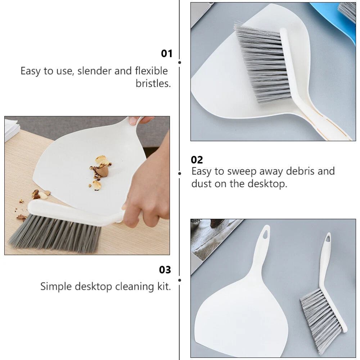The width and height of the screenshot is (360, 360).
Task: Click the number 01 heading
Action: (x=167, y=54)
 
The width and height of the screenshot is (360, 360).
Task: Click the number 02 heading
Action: (x=197, y=160)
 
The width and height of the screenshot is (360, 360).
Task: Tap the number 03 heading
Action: (x=165, y=270)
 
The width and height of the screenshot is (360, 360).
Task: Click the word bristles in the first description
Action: (x=153, y=84)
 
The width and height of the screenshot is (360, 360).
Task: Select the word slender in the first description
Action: (x=94, y=71)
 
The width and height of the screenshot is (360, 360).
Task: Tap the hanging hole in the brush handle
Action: (x=328, y=238)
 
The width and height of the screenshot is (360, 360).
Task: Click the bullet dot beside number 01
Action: (x=180, y=62)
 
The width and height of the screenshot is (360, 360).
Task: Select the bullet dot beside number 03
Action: (x=180, y=280)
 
